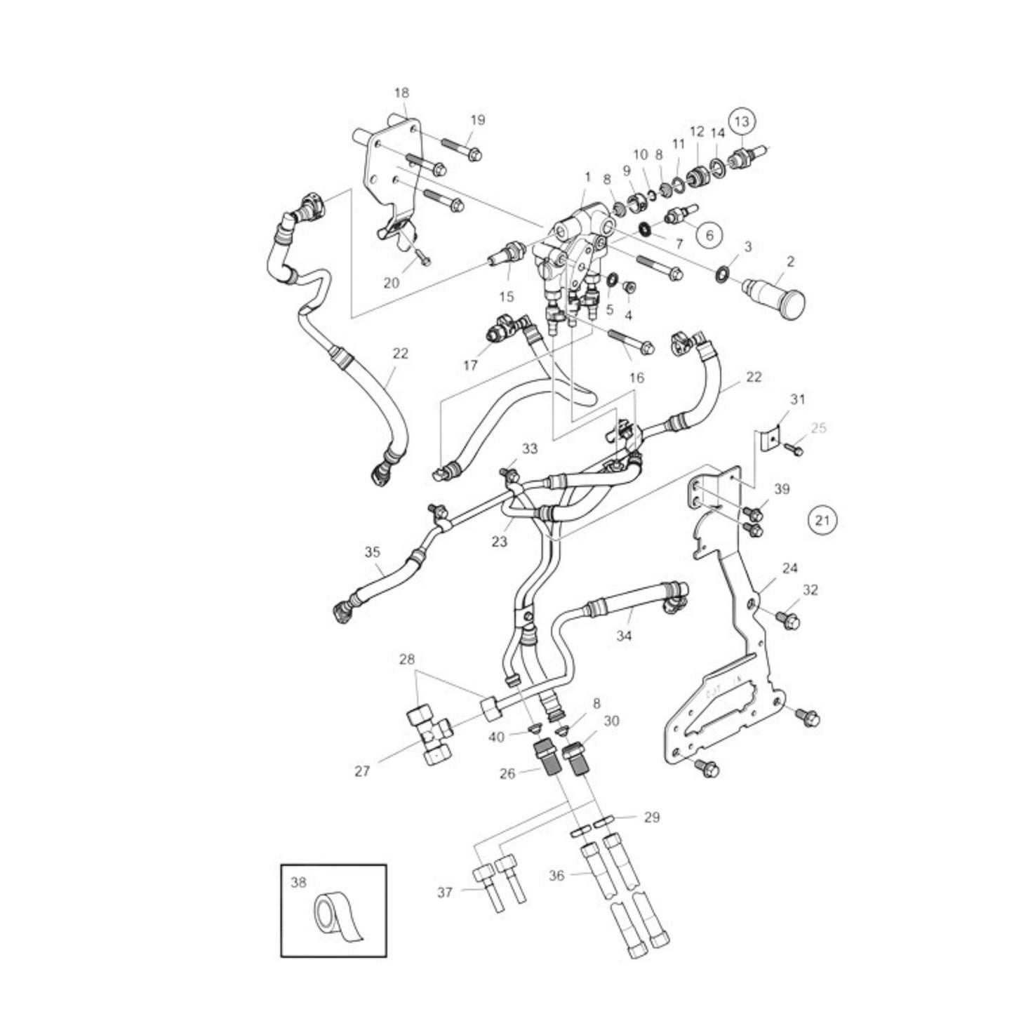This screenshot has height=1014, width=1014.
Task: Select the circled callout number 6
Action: click(x=709, y=235)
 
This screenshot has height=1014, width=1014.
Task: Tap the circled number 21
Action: click(x=822, y=520)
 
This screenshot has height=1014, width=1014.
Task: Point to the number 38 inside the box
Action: click(x=298, y=883)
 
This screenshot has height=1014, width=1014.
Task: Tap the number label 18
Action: click(x=401, y=93)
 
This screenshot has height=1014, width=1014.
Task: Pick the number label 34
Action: click(x=624, y=635)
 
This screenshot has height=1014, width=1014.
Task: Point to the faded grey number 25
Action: click(x=819, y=427)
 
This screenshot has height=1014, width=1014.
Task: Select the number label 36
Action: click(x=556, y=875)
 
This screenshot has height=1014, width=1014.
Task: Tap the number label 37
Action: click(x=445, y=892)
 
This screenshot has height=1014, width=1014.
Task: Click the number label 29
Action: click(x=651, y=818)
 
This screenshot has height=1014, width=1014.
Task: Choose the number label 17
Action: click(x=470, y=365)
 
